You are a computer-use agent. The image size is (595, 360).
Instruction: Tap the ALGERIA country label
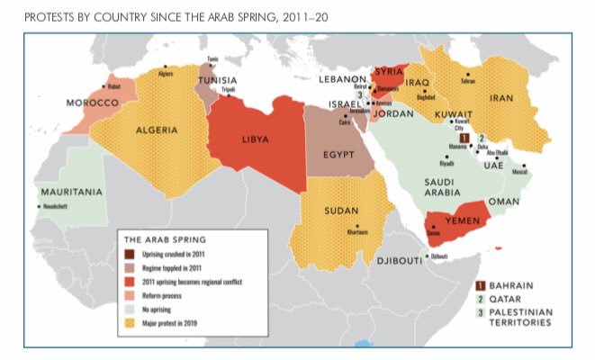tap(156, 130)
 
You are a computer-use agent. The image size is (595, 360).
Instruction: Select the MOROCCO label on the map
tap(93, 103)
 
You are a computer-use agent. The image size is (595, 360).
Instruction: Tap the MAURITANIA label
tap(68, 192)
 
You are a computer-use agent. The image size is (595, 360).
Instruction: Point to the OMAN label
tap(505, 202)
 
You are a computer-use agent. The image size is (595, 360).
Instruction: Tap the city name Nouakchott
tap(54, 207)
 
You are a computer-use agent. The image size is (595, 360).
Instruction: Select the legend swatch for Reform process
tap(129, 293)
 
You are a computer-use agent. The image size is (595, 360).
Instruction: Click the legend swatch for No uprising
tap(129, 307)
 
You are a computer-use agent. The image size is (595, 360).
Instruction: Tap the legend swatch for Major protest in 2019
tap(129, 319)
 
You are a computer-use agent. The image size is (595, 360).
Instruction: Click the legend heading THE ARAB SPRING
tap(164, 240)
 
